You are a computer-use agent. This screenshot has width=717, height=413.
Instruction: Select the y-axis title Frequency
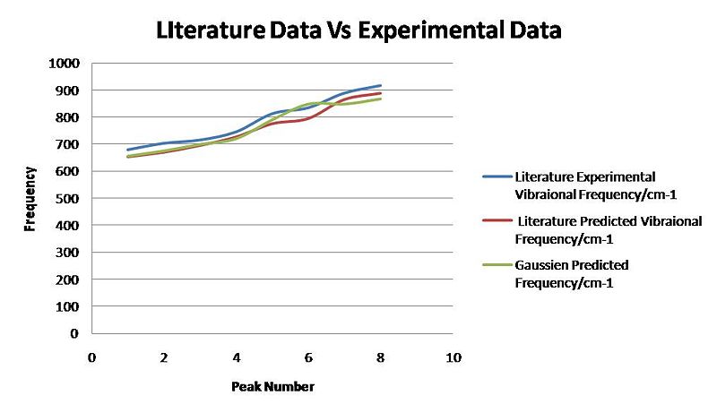pos(30,198)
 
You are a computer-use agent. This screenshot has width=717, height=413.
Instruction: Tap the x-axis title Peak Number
pos(272,387)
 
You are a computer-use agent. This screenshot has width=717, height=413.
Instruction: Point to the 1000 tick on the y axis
pos(67,64)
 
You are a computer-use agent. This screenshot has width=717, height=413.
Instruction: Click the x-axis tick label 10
pos(454,357)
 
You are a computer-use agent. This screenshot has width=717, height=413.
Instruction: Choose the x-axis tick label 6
pos(308,357)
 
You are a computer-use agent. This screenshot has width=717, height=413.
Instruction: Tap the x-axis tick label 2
pos(164,357)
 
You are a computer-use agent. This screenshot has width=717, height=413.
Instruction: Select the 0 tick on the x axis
pos(91,357)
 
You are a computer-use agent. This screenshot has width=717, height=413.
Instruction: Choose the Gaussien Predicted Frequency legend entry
pos(571,273)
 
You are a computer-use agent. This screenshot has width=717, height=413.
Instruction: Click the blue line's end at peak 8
pos(381,86)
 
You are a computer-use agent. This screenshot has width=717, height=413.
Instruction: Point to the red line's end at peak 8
pos(381,93)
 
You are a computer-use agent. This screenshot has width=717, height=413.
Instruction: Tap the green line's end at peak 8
pos(381,99)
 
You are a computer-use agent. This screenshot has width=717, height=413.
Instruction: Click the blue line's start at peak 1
pos(128,150)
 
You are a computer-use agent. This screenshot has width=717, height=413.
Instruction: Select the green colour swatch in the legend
pos(497,266)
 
